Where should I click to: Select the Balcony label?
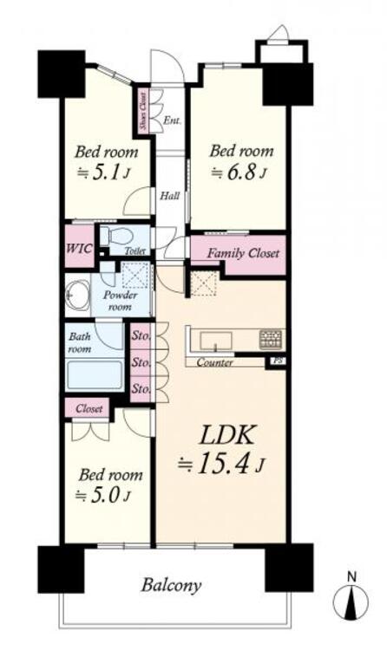(x=172, y=585)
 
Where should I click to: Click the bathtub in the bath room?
(x=95, y=375)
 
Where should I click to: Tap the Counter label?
(x=214, y=362)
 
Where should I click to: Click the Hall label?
(x=170, y=196)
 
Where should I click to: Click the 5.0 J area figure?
(x=105, y=496)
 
